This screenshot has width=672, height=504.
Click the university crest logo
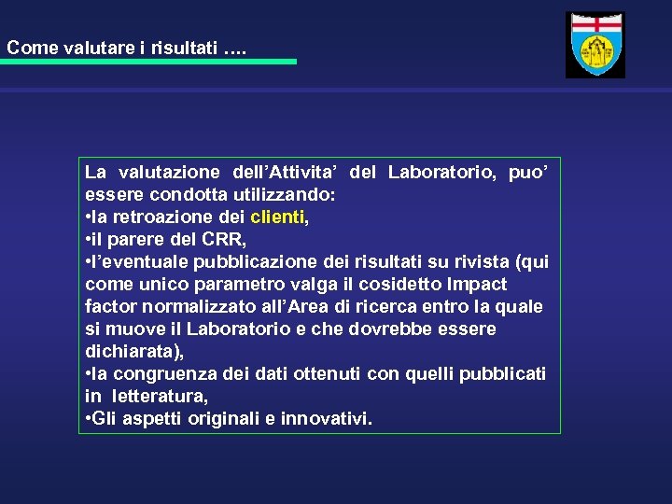tap(595, 45)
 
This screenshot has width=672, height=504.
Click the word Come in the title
tap(32, 48)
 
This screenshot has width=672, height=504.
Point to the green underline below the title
tap(148, 62)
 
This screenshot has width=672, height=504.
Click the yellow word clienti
tap(277, 217)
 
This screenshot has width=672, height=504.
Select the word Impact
tap(478, 285)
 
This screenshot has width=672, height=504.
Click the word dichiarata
tap(132, 352)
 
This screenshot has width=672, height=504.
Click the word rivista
tap(480, 262)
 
